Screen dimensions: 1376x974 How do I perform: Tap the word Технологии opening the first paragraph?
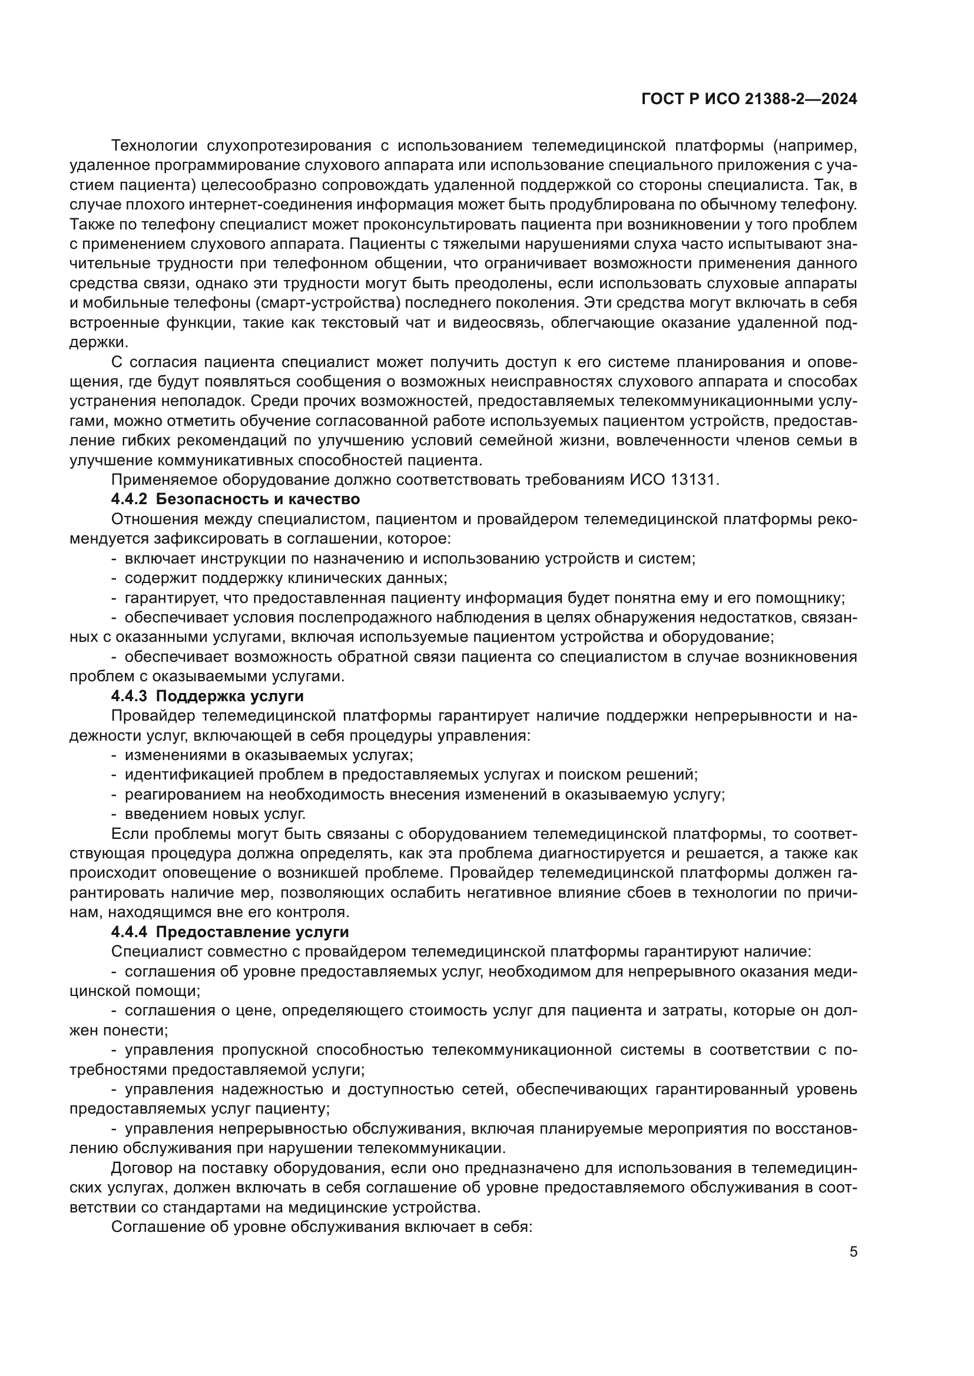(154, 146)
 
